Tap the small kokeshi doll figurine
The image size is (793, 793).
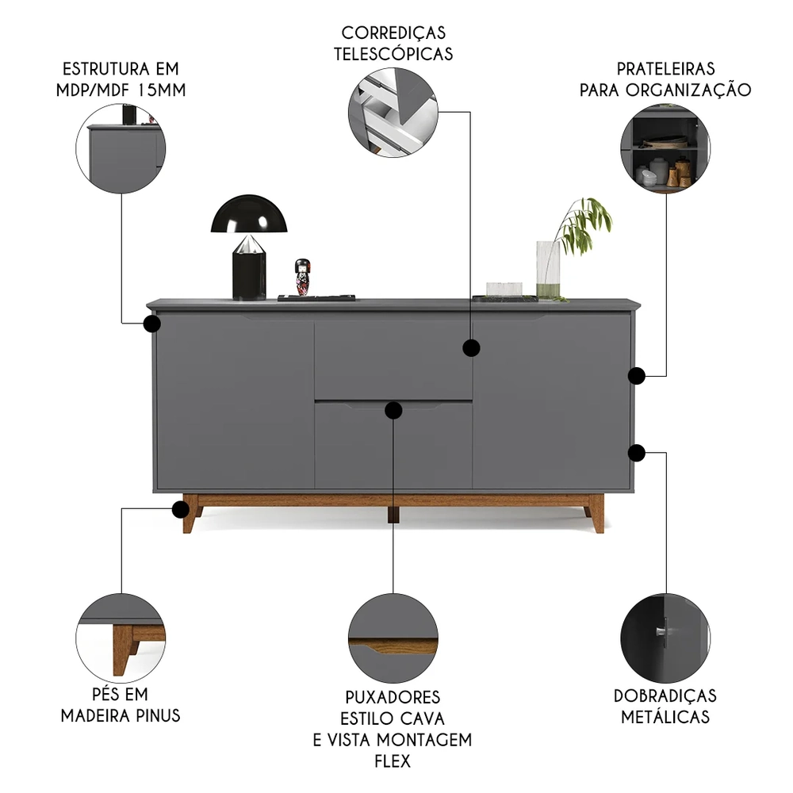(x=302, y=278)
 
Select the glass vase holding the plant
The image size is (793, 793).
(x=548, y=269)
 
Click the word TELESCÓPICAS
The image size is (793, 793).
(x=393, y=54)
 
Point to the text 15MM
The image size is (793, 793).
(x=161, y=90)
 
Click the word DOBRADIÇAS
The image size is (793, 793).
(x=665, y=695)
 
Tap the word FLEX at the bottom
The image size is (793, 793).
(x=393, y=761)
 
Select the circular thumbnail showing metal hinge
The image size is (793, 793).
(x=665, y=638)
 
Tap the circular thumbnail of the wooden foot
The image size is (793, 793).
(x=121, y=638)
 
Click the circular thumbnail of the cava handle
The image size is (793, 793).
(x=393, y=638)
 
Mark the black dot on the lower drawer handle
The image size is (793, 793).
(x=393, y=409)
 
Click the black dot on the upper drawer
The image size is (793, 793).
(x=471, y=347)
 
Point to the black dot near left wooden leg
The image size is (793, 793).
(x=179, y=509)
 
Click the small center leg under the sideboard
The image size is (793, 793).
(x=393, y=513)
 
